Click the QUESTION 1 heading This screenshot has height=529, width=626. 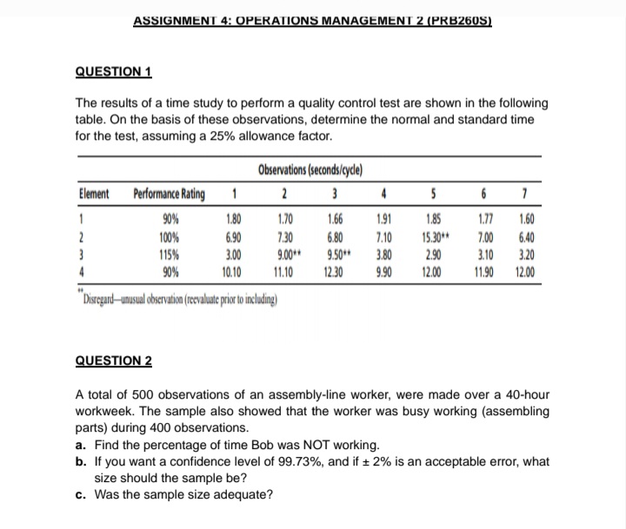114,74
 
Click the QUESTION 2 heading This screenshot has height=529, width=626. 114,360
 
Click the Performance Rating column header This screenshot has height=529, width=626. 169,195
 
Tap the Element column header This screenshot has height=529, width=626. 94,195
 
